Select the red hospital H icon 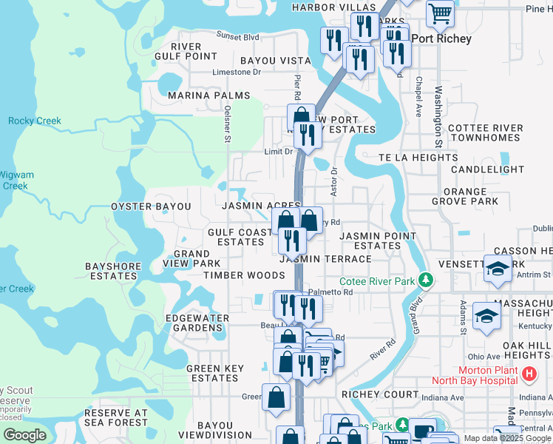(528, 375)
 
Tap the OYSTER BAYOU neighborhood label (151, 206)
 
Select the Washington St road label (438, 115)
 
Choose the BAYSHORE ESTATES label (112, 271)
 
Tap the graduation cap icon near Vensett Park (498, 269)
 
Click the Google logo (25, 435)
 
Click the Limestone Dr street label (237, 72)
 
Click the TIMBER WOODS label (244, 275)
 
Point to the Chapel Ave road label (418, 97)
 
